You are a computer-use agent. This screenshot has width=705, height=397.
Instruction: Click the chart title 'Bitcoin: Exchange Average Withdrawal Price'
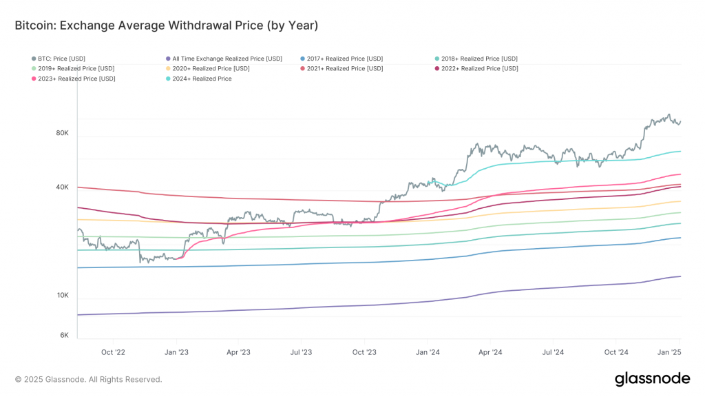166,26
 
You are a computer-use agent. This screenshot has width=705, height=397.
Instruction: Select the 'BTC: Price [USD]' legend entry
62,59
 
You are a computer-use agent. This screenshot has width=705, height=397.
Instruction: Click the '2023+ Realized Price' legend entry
76,79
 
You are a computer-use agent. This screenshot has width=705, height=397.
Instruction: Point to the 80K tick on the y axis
62,132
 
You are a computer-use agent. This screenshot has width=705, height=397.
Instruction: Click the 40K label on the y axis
62,187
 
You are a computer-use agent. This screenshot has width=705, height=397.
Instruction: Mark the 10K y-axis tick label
62,295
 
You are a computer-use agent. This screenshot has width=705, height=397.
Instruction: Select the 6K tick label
64,335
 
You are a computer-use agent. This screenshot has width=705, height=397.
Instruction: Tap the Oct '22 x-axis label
113,352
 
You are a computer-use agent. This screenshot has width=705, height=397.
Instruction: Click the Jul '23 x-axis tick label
301,352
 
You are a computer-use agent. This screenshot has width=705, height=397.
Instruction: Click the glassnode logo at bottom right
651,378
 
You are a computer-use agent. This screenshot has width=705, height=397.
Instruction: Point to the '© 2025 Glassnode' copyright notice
89,379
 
